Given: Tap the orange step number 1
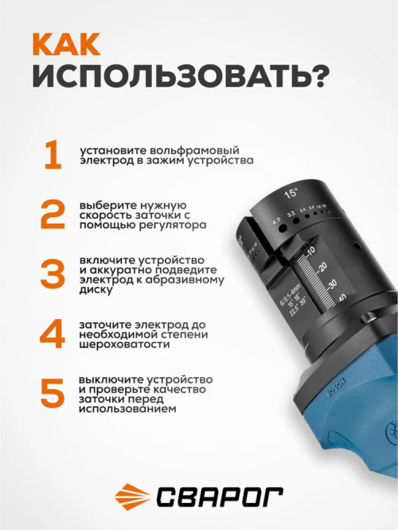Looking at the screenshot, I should pyautogui.click(x=53, y=155).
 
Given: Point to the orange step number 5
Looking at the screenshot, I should pyautogui.click(x=53, y=393).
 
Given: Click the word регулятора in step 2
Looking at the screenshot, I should pyautogui.click(x=172, y=225).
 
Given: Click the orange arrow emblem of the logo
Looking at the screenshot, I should pyautogui.click(x=132, y=497).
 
